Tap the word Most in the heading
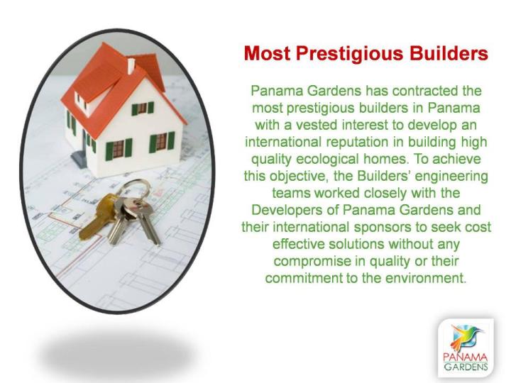[x=267, y=53]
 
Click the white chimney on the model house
[x=131, y=66]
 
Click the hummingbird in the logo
[x=466, y=337]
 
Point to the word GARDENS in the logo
[x=466, y=367]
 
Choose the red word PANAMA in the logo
[x=466, y=357]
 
